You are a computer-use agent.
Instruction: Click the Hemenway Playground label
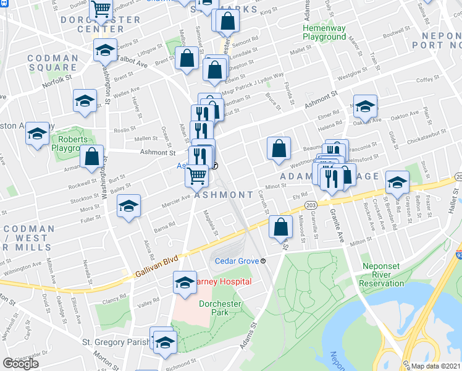coord(324,33)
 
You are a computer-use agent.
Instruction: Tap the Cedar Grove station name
coord(237,260)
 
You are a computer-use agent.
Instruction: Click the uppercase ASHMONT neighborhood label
coord(224,195)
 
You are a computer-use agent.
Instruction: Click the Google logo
coord(20,364)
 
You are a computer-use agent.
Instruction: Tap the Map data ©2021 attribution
coord(436,366)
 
